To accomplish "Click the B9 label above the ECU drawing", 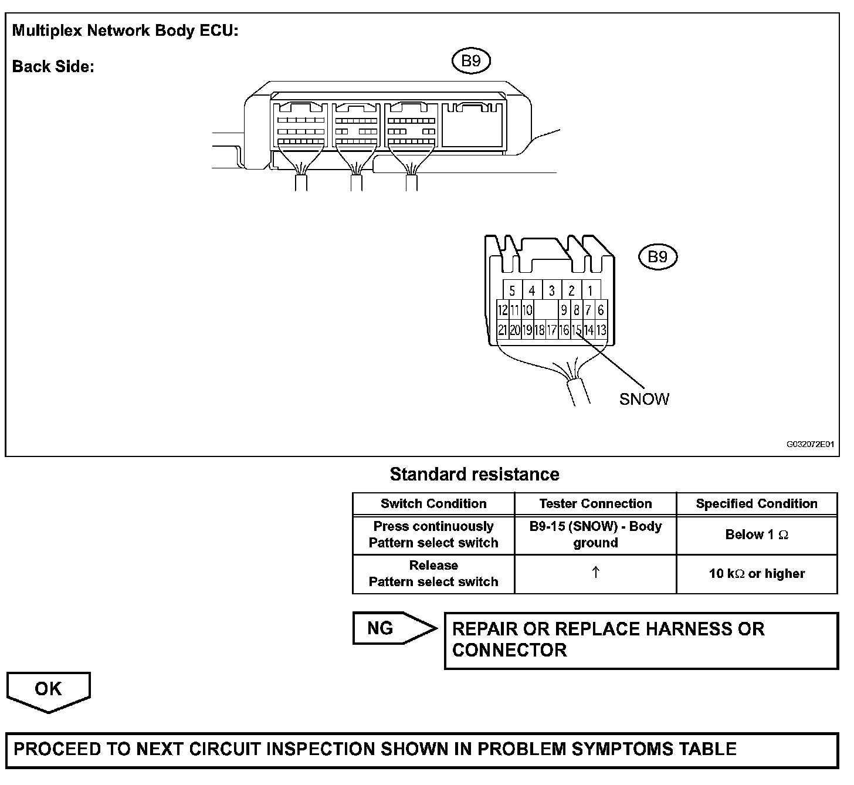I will (x=471, y=61).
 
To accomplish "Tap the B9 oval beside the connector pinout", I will (x=658, y=257).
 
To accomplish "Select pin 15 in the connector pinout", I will (x=577, y=330).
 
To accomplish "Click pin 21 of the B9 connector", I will (x=502, y=330).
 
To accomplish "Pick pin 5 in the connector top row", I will (x=512, y=290).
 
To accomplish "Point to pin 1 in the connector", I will (x=591, y=290).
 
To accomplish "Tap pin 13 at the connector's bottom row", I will (x=601, y=330).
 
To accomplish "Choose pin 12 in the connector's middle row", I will (x=502, y=310).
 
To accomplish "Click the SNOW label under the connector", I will (x=644, y=400).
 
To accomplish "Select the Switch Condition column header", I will (x=433, y=503).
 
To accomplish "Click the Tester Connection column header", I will (x=595, y=503).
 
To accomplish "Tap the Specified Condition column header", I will (x=757, y=503).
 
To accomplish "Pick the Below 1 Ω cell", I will (x=757, y=534).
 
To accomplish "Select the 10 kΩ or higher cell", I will (x=757, y=574).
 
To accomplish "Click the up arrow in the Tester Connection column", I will (x=595, y=573).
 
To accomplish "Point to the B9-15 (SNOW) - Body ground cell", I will (x=595, y=534).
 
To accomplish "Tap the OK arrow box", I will (x=48, y=690).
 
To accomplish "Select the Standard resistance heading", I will (x=475, y=474).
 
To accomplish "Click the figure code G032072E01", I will (x=810, y=445).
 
